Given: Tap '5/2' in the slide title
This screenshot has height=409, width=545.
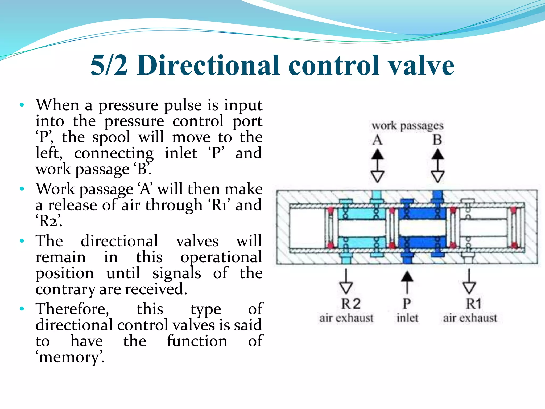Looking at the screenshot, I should [109, 65].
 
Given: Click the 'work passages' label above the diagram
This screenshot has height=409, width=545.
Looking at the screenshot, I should [407, 126].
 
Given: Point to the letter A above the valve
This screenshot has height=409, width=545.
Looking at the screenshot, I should [377, 140].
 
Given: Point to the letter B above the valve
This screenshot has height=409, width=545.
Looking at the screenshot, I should [437, 140].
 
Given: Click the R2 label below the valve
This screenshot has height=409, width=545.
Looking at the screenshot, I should [351, 304].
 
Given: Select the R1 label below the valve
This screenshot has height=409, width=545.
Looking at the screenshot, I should [474, 304].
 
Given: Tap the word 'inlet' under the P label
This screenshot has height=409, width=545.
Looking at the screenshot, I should [407, 318].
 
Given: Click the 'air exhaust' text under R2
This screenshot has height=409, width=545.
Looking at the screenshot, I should [346, 318].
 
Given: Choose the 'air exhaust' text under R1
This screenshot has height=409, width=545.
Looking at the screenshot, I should [470, 318].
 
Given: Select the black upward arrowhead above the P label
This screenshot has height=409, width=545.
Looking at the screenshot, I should [407, 277].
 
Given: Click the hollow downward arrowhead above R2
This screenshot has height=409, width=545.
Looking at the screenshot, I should [346, 288].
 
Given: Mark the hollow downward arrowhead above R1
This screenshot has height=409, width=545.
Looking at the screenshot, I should [469, 288].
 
